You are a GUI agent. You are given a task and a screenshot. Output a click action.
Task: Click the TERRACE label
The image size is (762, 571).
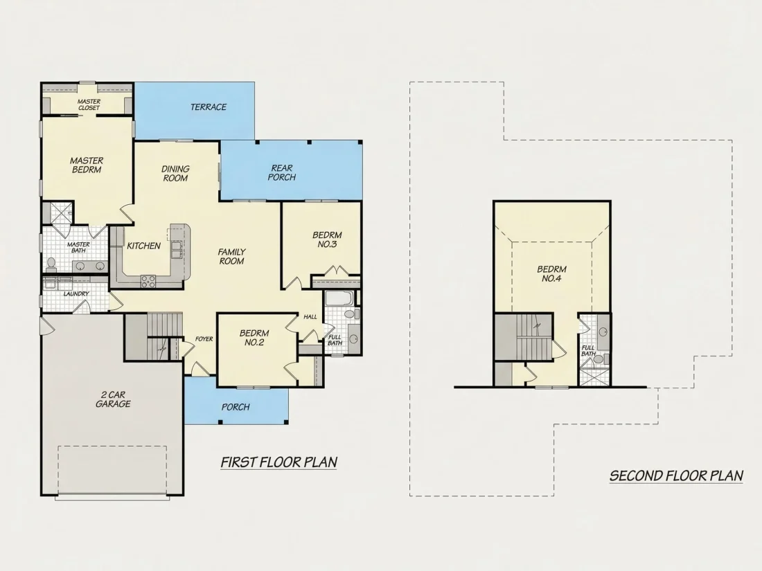tap(209, 107)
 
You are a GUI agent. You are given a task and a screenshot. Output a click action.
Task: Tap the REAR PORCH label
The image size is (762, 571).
tap(282, 172)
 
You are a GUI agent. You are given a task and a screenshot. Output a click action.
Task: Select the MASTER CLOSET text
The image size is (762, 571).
tap(89, 105)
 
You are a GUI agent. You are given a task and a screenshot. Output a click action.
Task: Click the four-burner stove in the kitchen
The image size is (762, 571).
tap(148, 281)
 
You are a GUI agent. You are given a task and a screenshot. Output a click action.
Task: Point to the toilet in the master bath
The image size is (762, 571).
tap(51, 264)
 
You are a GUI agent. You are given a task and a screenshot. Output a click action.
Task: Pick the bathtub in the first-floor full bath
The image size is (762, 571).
tap(339, 298)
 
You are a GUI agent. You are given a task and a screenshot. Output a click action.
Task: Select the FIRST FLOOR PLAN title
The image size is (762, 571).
tap(279, 462)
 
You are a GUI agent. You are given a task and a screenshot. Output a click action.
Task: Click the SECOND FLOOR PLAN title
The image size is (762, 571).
tap(677, 475)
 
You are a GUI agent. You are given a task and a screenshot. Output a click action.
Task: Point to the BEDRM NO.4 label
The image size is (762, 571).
tap(551, 273)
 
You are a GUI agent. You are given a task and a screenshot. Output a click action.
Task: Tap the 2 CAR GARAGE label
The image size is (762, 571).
tap(113, 399)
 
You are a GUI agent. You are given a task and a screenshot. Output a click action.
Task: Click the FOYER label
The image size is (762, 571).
tap(204, 339)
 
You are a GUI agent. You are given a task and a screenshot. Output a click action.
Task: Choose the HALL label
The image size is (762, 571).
tap(310, 316)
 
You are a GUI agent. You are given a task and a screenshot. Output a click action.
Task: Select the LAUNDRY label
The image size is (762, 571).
tap(76, 293)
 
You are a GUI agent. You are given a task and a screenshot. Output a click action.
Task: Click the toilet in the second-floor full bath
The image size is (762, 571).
tap(599, 359)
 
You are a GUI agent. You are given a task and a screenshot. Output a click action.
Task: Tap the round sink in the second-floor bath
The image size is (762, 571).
tap(603, 332)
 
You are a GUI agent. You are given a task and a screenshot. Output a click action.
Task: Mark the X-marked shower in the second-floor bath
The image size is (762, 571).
tap(594, 377)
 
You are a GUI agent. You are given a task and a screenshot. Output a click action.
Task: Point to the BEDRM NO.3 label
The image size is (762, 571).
tap(327, 239)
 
